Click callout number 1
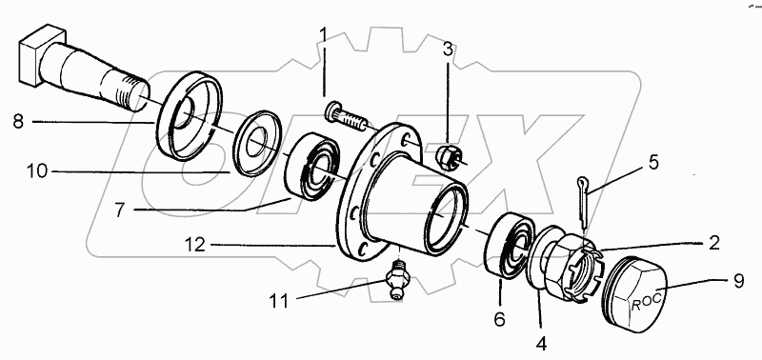[324, 36]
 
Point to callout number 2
[712, 243]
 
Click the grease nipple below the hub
[396, 279]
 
